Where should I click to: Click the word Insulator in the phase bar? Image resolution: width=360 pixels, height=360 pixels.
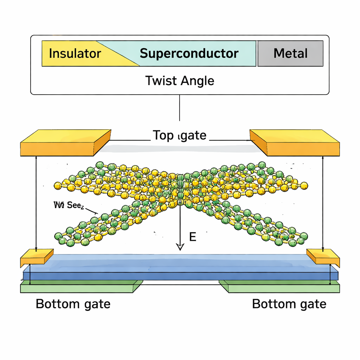coord(75,53)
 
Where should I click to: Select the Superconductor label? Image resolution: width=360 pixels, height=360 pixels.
coord(189,53)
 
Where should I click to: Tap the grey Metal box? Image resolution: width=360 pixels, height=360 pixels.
coord(290,53)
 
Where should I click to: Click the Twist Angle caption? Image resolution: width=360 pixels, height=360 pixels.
coord(180,81)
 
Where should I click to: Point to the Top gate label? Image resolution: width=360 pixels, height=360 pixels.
coord(179,135)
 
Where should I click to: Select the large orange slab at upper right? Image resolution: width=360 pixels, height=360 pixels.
coord(295,143)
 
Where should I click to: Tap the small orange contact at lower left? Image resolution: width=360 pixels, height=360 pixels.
coord(37,257)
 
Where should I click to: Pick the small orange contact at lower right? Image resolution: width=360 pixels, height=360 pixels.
coord(323,257)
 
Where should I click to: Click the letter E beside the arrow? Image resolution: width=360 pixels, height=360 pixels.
coord(192,237)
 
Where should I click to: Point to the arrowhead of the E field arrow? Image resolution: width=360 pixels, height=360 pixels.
coord(180,247)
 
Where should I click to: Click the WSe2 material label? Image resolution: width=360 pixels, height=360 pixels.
coord(68,205)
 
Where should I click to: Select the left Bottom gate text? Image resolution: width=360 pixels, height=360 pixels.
coord(73,304)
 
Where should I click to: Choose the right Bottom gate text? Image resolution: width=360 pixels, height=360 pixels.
coord(289,304)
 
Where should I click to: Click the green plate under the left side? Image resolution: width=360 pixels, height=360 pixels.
coord(81,287)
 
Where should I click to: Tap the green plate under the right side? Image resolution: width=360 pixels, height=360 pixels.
coord(279,287)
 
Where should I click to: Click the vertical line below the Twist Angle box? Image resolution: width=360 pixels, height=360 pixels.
coord(180,107)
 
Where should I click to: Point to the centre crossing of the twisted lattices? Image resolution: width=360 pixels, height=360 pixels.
coord(180,190)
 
